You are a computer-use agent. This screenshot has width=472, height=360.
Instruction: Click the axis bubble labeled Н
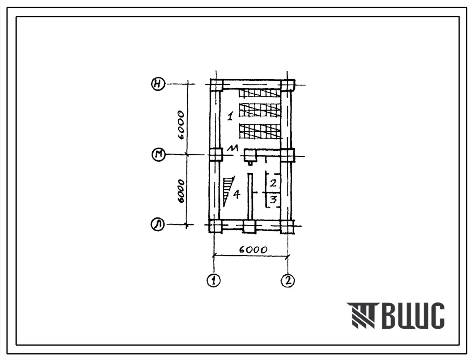click(x=158, y=84)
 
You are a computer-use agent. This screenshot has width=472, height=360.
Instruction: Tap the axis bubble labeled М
click(x=159, y=155)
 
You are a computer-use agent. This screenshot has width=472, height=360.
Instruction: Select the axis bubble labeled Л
click(x=158, y=225)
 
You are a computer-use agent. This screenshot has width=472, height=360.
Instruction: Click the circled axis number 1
click(x=214, y=280)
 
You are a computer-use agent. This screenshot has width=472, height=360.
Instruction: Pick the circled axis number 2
click(x=288, y=280)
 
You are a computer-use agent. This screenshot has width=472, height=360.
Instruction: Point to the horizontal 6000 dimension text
click(x=253, y=249)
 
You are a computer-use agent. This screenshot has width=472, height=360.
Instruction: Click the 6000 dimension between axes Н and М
click(x=181, y=125)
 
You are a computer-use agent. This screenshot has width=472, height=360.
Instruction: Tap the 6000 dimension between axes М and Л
click(x=181, y=192)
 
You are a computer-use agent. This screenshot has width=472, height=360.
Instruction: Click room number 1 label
click(x=230, y=116)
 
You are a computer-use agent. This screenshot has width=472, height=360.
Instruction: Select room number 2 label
click(x=273, y=182)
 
